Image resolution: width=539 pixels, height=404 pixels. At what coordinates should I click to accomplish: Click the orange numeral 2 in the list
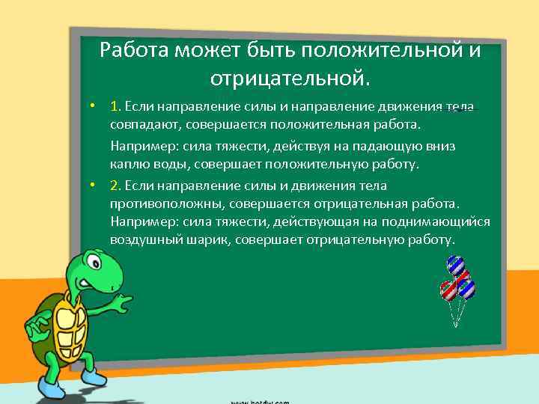[114, 185]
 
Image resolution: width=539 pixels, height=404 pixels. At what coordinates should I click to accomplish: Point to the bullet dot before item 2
[91, 185]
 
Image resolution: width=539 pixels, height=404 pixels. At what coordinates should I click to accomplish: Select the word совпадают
[139, 123]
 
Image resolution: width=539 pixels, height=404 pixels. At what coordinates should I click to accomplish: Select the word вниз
[439, 146]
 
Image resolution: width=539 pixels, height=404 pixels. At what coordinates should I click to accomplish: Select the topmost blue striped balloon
[454, 264]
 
